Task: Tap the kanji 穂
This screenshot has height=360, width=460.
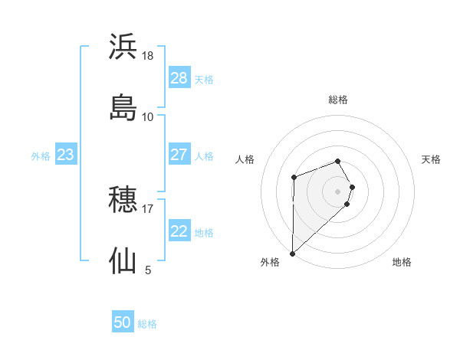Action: (x=123, y=201)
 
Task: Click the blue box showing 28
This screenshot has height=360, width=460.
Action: (x=179, y=78)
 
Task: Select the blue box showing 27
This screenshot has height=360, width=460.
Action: (x=179, y=155)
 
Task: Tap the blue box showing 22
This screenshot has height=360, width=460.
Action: (x=179, y=231)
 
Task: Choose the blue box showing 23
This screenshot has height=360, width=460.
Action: (x=65, y=155)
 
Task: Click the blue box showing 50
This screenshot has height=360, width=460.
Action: (x=123, y=323)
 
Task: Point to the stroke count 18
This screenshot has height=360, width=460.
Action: (x=148, y=55)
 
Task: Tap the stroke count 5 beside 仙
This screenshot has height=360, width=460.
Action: (x=148, y=270)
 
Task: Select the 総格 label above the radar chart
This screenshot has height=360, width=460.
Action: (x=338, y=100)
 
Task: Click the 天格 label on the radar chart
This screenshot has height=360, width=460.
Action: (x=431, y=159)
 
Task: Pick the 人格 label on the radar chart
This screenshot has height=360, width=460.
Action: (x=245, y=159)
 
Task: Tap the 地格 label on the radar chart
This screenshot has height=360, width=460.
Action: (x=402, y=262)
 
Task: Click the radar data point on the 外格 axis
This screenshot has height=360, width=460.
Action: (x=292, y=253)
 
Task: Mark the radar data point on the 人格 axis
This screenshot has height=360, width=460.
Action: (x=294, y=178)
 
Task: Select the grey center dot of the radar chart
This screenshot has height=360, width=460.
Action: (x=338, y=191)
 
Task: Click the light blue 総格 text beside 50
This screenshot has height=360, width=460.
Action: (x=147, y=324)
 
